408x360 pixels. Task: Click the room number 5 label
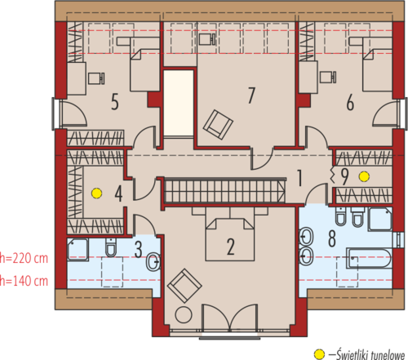tap(115, 102)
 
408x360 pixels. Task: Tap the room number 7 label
tap(252, 96)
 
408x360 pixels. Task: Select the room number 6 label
tap(350, 102)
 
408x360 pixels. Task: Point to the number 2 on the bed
tap(231, 247)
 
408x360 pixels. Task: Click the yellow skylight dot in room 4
tap(97, 193)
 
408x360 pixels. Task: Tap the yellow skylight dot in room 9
tap(364, 176)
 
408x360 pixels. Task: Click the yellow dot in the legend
tap(319, 354)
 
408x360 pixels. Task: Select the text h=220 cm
tap(24, 258)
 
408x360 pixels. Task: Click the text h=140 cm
tap(24, 281)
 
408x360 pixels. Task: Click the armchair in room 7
tap(218, 125)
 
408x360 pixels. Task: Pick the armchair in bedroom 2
tap(184, 286)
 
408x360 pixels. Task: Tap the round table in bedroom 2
tap(184, 315)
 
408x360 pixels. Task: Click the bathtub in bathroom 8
tap(369, 258)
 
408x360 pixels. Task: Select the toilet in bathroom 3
tap(111, 247)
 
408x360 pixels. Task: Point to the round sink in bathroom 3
tap(153, 262)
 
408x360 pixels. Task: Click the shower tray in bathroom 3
tap(78, 250)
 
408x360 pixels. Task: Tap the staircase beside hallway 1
tap(224, 191)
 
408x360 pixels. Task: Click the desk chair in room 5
tap(96, 78)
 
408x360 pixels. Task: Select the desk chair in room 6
tap(328, 77)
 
